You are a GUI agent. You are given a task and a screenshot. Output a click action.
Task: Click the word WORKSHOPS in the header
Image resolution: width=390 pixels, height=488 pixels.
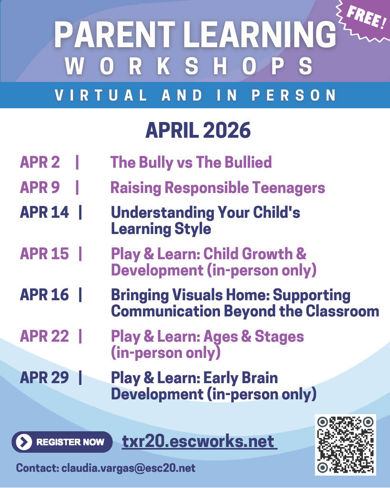(190, 66)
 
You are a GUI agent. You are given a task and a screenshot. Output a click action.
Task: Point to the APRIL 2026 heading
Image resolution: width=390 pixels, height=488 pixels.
(198, 130)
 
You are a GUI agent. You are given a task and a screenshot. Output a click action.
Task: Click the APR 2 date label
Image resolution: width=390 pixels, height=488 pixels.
(40, 163)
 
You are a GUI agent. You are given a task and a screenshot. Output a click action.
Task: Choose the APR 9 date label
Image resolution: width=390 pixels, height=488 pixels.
(40, 188)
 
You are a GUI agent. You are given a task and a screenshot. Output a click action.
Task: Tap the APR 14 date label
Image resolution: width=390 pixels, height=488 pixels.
(44, 213)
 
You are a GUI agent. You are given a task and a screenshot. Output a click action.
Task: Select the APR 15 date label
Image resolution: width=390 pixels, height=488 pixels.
(44, 254)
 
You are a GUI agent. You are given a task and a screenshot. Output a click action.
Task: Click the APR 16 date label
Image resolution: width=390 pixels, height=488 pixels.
(44, 295)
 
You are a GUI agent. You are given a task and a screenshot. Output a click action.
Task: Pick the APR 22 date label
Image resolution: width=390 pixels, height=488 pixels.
(44, 336)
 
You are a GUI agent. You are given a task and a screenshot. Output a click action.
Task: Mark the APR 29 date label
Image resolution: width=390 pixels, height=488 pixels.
(44, 378)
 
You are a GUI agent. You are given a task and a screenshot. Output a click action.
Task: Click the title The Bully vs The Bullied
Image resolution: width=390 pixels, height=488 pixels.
(191, 163)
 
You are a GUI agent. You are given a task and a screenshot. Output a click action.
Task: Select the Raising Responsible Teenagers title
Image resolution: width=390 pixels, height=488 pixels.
(218, 188)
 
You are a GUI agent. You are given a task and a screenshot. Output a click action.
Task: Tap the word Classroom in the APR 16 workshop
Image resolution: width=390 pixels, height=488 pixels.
(339, 311)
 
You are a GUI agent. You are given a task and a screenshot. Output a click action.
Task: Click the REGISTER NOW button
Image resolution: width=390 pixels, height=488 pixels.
(62, 442)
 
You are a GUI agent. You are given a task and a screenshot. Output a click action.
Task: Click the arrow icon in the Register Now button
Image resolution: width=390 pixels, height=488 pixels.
(23, 442)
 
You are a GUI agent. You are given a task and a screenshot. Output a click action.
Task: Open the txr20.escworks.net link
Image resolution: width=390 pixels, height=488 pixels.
(199, 441)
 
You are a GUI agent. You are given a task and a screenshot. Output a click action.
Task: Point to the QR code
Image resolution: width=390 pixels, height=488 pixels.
(345, 445)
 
